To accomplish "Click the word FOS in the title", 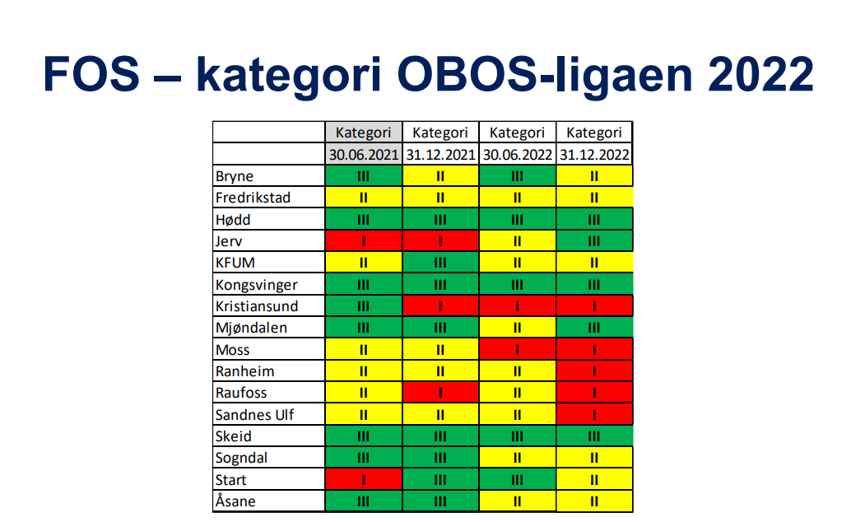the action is [x=91, y=74].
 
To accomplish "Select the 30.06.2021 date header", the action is [x=364, y=155].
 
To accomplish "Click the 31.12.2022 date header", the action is [x=594, y=155].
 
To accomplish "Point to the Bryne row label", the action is [x=235, y=176].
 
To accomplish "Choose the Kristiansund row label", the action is [x=257, y=306].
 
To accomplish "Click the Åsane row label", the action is [x=235, y=501].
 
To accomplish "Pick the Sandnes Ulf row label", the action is [x=254, y=414].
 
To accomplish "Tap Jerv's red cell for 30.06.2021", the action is [x=364, y=240].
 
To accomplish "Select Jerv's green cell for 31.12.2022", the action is [x=594, y=240].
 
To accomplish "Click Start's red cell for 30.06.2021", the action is [x=364, y=479].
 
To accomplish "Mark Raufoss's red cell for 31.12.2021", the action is [x=440, y=393].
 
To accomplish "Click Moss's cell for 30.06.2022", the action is [x=517, y=349].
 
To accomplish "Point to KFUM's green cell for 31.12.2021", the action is [x=440, y=263].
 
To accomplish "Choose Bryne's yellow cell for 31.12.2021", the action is [x=440, y=176].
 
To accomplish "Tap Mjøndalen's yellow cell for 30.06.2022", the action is [x=517, y=328].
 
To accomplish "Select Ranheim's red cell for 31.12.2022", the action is [x=594, y=371].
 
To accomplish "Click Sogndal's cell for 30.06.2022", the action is [x=517, y=458].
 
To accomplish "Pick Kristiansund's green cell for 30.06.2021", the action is [x=364, y=305].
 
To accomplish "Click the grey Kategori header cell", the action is [x=364, y=133].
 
